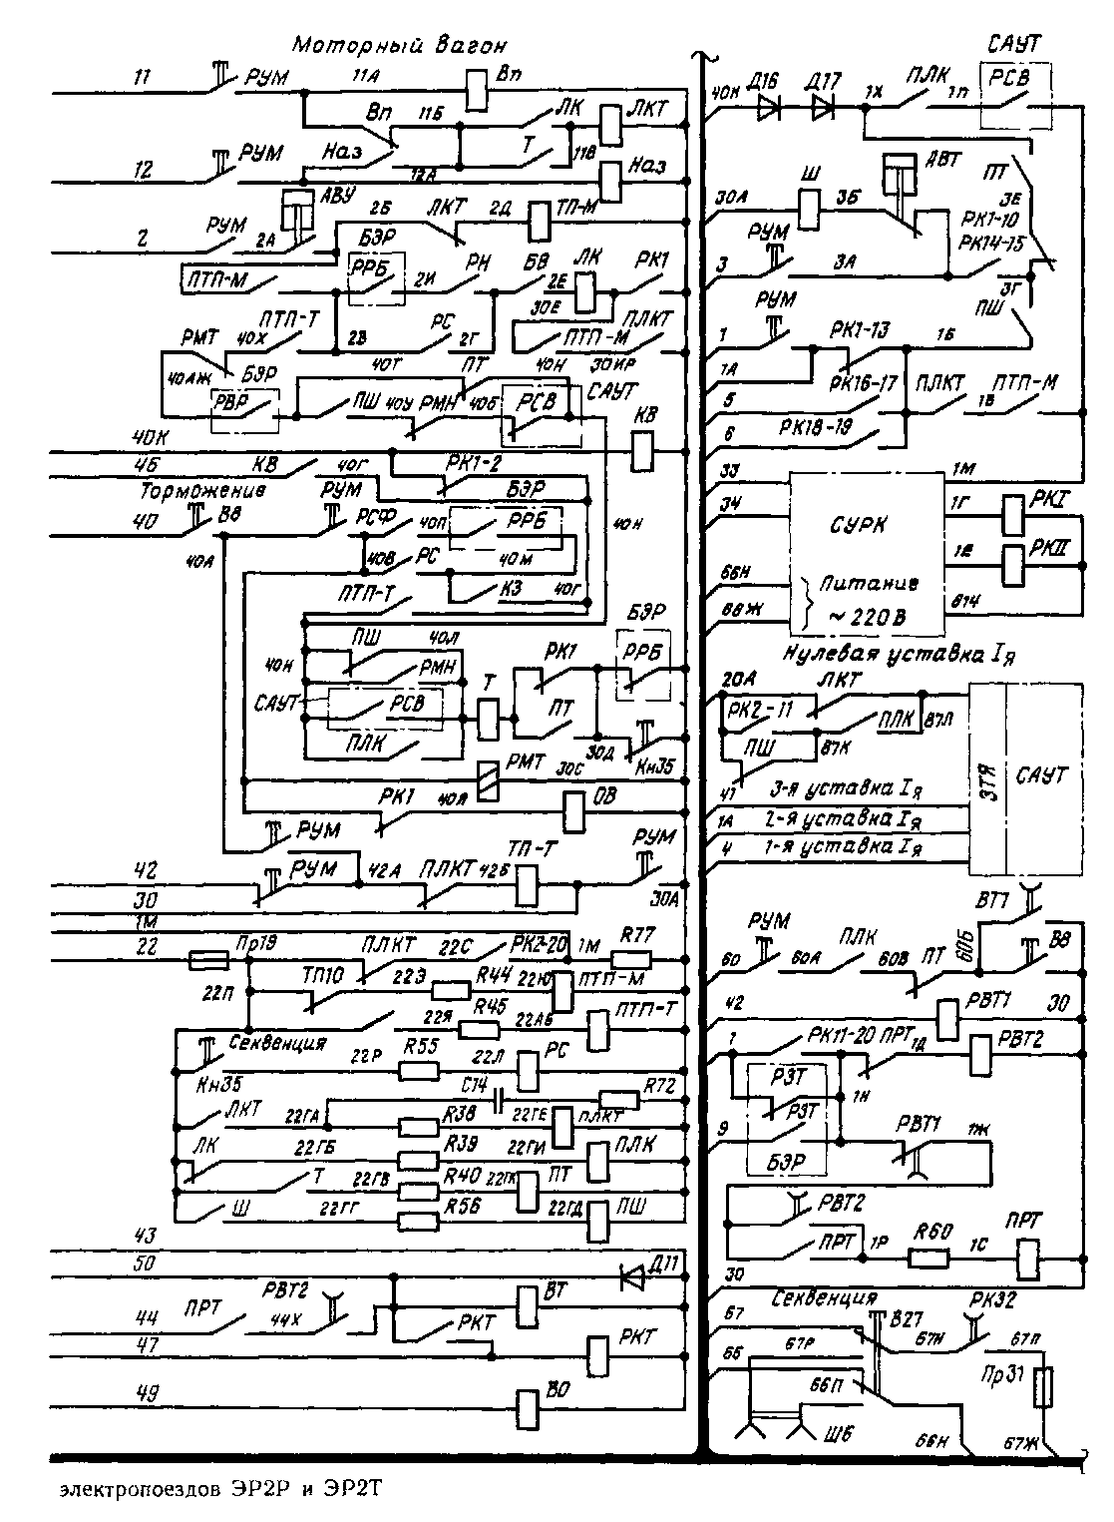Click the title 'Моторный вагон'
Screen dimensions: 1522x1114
(400, 45)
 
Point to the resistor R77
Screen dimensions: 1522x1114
(634, 960)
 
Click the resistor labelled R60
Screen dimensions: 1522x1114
(930, 1254)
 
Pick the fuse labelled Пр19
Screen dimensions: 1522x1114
(208, 960)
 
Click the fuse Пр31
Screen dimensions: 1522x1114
(1042, 1388)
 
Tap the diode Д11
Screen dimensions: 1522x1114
(632, 1274)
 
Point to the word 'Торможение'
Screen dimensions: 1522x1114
(202, 491)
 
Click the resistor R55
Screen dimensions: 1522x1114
(418, 1070)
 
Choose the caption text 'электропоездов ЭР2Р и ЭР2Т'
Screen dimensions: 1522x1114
(219, 1491)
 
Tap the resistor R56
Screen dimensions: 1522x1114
(418, 1220)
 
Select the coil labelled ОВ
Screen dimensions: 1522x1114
(574, 811)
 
